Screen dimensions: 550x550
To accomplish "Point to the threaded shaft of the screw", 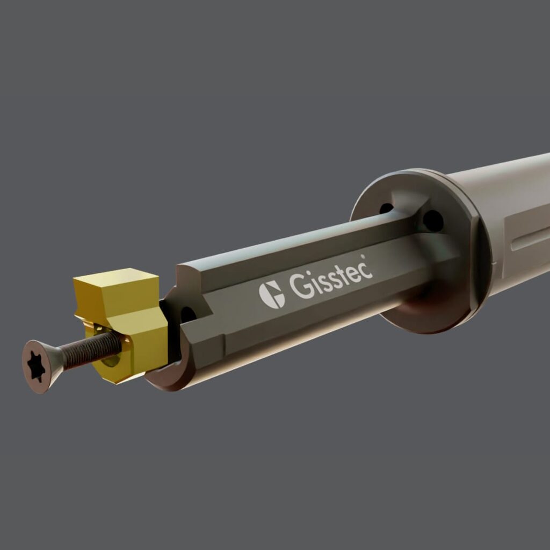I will [91, 349].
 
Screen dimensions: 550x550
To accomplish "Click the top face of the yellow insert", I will [115, 281].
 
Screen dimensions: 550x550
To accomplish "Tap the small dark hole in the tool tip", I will [187, 314].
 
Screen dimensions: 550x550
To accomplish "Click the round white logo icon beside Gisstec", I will [272, 294].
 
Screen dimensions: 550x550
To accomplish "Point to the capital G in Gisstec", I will [301, 287].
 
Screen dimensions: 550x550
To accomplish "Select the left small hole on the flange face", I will [386, 208].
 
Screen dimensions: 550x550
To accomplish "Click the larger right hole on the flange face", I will [433, 220].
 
